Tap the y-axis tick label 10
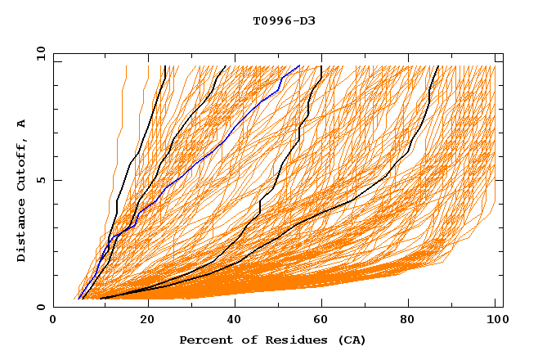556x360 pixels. click(x=39, y=53)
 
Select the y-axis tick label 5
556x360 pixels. click(x=43, y=180)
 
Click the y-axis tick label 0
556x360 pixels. click(x=43, y=307)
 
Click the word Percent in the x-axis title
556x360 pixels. click(x=202, y=340)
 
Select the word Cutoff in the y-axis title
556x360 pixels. click(x=21, y=163)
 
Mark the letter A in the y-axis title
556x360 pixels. click(x=21, y=123)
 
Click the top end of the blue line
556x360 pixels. click(x=300, y=65)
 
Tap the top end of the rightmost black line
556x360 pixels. click(x=438, y=65)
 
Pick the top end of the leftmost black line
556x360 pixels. click(x=165, y=65)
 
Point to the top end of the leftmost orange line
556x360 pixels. click(x=127, y=65)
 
